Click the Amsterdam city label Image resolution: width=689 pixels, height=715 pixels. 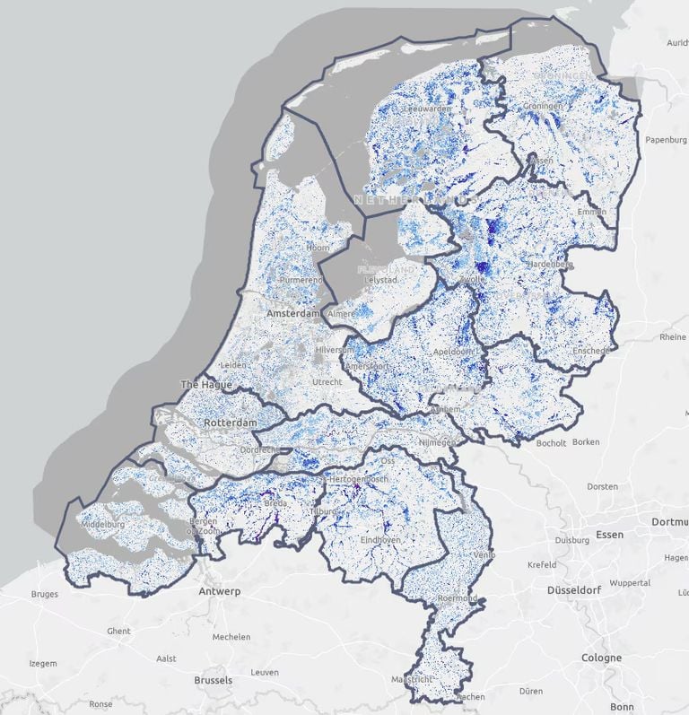coord(292,315)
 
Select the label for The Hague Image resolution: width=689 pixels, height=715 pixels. coord(207,384)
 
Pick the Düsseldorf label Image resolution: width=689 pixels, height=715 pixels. coord(577,591)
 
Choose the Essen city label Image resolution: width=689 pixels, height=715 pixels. coord(609,535)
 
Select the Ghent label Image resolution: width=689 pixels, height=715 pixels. coord(118,631)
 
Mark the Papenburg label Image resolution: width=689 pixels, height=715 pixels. coord(665,139)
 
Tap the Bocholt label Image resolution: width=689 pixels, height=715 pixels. coord(550,442)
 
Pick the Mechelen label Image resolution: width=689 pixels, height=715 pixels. coord(231,637)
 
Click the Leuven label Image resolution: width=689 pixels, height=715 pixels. coord(265,672)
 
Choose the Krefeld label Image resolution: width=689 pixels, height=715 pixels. coord(541,564)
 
